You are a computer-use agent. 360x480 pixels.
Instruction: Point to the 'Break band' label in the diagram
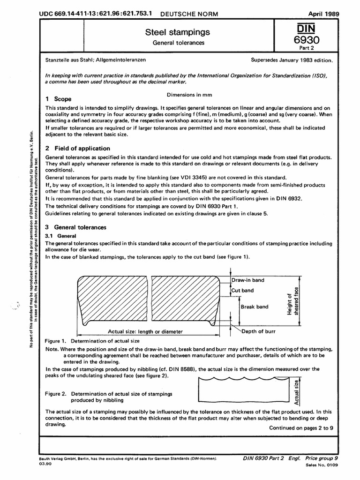point(254,307)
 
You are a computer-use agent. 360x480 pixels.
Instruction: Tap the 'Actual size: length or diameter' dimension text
point(145,332)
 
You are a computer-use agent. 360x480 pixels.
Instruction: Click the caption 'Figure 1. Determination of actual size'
point(92,341)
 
